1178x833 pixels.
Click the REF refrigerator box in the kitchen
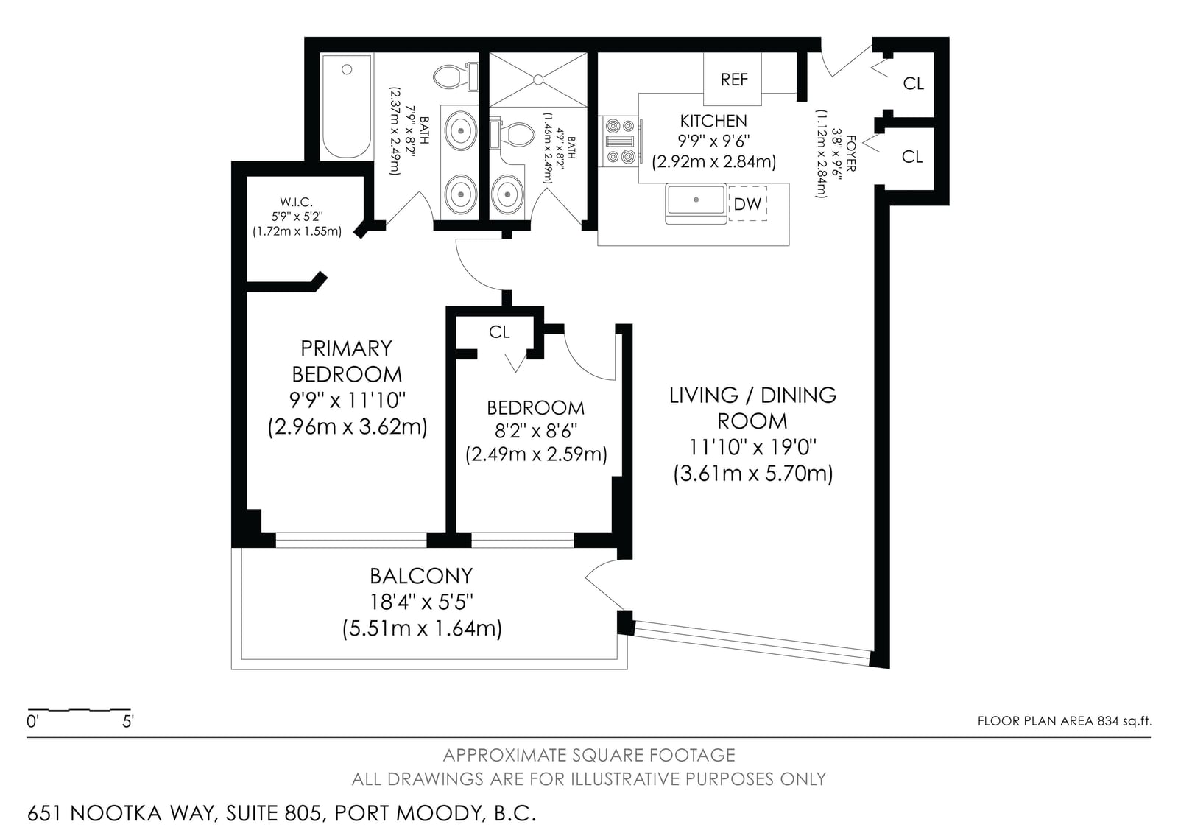[x=732, y=79]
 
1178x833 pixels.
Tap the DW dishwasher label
[x=747, y=203]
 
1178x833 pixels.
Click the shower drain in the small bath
[x=538, y=80]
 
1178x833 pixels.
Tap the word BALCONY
[x=421, y=576]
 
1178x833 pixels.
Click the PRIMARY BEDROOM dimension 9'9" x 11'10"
[x=348, y=401]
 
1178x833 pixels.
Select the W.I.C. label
[x=296, y=202]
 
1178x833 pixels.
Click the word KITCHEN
[x=713, y=121]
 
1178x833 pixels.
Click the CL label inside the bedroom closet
[x=499, y=332]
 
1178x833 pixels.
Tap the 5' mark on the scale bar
[x=128, y=722]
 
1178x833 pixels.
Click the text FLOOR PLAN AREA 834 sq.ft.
[x=1065, y=721]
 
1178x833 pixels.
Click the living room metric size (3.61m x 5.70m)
[x=753, y=474]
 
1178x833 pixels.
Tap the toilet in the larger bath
[x=456, y=77]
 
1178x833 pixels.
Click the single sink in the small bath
[x=507, y=194]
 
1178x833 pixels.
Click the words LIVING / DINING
[x=752, y=396]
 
